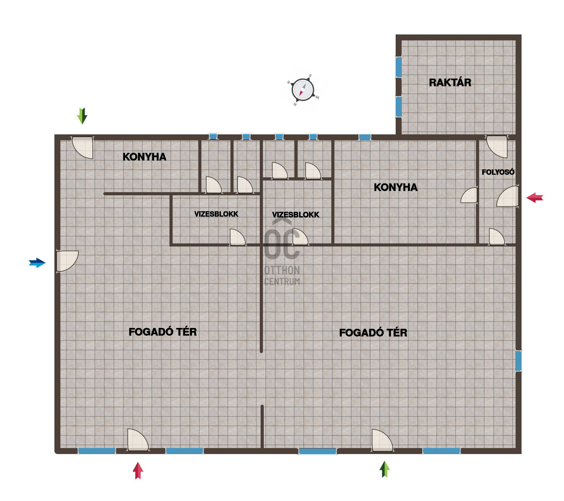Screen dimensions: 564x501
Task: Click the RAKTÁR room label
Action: [x=450, y=83]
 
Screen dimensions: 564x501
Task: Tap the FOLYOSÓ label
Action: [x=498, y=172]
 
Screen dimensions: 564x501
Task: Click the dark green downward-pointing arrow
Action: [x=82, y=116]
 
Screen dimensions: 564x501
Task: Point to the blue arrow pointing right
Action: [x=37, y=263]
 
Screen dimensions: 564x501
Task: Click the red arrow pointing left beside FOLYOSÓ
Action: [x=535, y=198]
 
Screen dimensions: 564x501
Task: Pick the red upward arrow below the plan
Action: [x=138, y=471]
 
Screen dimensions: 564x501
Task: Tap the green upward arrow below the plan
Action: [x=385, y=469]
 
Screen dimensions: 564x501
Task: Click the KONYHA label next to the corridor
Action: [x=396, y=187]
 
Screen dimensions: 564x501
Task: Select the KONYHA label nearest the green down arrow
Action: [x=144, y=157]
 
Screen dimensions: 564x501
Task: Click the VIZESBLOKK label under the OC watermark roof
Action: [x=296, y=215]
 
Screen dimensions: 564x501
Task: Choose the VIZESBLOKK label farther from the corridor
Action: [x=216, y=214]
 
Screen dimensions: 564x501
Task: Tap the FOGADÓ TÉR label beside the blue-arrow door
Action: [x=163, y=332]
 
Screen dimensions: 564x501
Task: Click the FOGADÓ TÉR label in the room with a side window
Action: [x=373, y=333]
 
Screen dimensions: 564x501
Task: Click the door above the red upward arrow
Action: [x=138, y=440]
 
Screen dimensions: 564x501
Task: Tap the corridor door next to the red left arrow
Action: [x=508, y=196]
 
